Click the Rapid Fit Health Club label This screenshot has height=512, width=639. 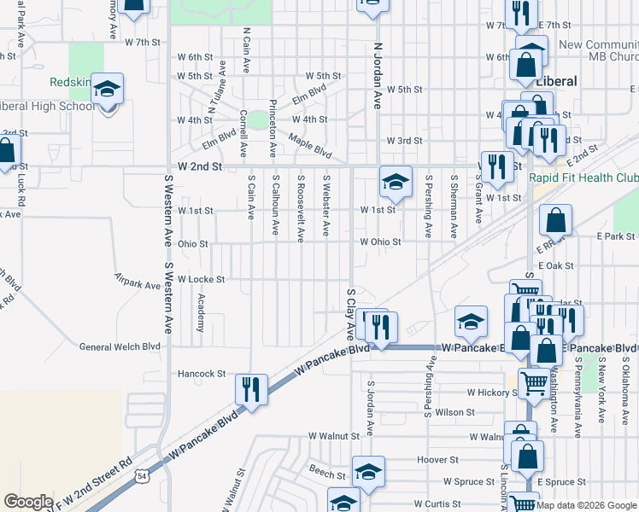point(583,177)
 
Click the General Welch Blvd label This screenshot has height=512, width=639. point(120,346)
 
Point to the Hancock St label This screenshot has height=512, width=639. point(202,374)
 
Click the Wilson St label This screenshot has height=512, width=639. point(454,412)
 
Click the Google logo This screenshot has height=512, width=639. point(29,502)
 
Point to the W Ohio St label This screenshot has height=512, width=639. point(380,241)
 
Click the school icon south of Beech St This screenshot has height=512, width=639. point(344,503)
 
